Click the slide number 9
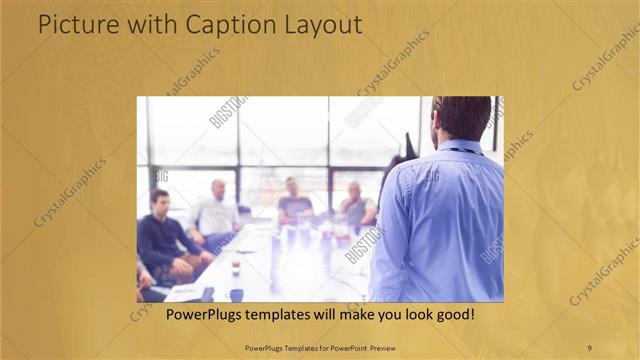[x=589, y=347]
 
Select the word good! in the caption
[x=452, y=315]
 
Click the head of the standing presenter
[x=461, y=118]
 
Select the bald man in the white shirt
[x=216, y=212]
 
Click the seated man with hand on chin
[x=355, y=205]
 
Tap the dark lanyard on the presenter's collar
[x=462, y=151]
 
